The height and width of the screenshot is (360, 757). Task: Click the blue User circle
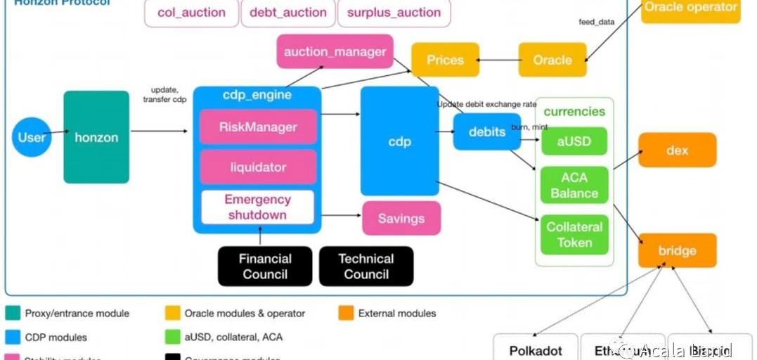point(32,136)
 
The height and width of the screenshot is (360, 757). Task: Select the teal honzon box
point(96,137)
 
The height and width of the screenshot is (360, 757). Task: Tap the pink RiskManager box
point(258,127)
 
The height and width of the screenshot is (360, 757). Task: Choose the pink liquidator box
point(258,167)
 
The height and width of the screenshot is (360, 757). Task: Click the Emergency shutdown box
point(258,207)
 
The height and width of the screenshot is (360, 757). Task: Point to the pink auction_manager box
point(335,51)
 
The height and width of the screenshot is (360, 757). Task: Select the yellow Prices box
point(445,60)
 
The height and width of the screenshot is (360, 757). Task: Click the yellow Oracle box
point(552,60)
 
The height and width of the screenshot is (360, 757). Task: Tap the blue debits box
point(487,131)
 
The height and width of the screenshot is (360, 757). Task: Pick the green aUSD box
point(574,141)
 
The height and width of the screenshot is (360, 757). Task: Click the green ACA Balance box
point(574,186)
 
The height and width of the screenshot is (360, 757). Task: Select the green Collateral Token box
point(574,235)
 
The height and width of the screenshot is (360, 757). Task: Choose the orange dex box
point(677,150)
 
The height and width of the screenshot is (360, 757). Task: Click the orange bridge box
point(677,251)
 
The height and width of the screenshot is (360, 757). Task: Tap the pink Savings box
point(401,219)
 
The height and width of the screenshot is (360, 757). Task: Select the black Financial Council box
point(265,266)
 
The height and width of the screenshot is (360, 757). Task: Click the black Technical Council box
point(366,266)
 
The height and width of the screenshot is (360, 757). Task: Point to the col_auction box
point(191,13)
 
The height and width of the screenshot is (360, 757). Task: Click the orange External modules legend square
point(345,313)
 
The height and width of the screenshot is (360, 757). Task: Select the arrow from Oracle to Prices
point(499,60)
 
